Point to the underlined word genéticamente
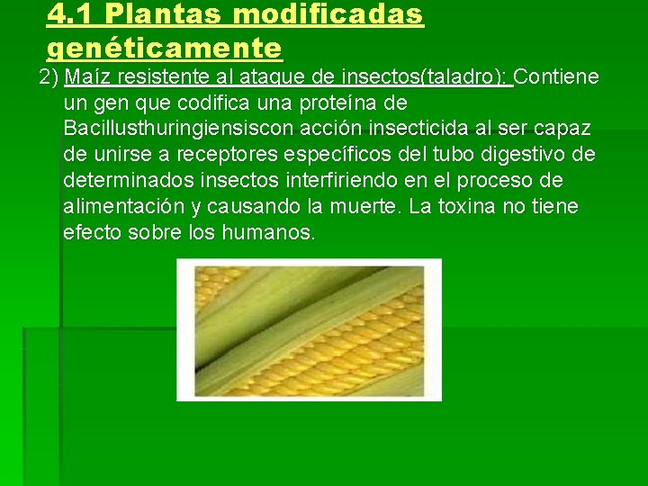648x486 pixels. [165, 46]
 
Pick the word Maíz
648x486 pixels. [87, 76]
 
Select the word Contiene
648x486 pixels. [557, 76]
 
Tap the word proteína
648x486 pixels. [357, 103]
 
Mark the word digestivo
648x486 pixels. [516, 155]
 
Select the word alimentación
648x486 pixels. [124, 207]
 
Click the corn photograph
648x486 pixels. [309, 329]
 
